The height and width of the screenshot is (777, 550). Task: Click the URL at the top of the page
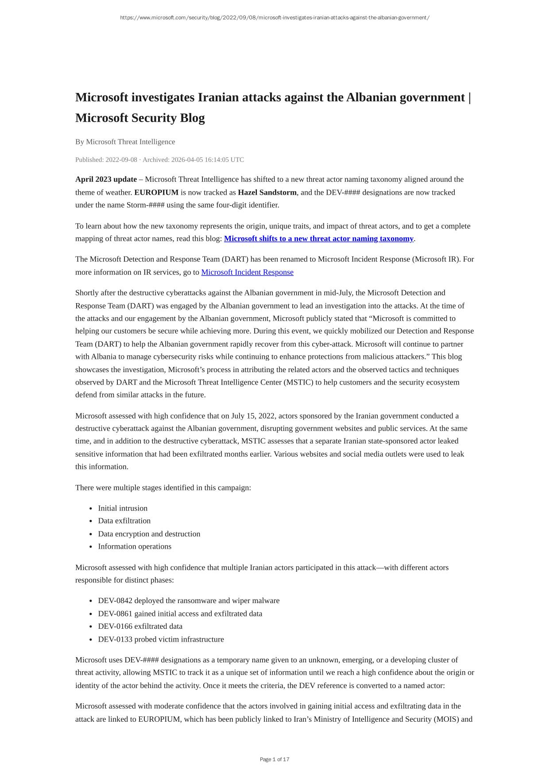(x=275, y=18)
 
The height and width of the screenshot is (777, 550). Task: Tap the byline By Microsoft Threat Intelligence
(x=125, y=142)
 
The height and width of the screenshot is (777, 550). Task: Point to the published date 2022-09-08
(x=121, y=160)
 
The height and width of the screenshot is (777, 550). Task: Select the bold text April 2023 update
(x=106, y=179)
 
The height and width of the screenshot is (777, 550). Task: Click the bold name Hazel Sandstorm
(x=267, y=192)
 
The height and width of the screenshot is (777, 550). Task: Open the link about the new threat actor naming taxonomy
(x=318, y=238)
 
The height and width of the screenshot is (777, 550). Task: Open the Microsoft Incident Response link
(x=247, y=272)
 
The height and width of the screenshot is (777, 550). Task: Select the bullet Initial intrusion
(x=123, y=508)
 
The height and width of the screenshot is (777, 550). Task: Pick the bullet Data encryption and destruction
(x=149, y=534)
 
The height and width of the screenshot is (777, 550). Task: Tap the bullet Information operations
(x=135, y=546)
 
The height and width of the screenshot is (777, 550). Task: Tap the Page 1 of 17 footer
(x=275, y=759)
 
